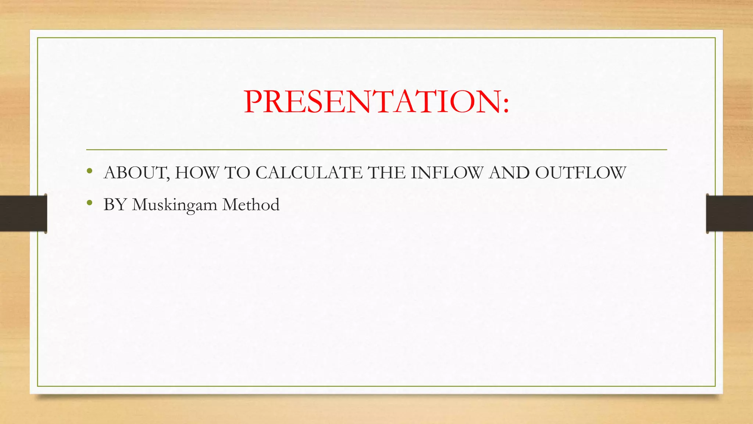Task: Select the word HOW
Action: pyautogui.click(x=197, y=173)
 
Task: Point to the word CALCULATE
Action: pyautogui.click(x=309, y=173)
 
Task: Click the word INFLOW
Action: pyautogui.click(x=447, y=173)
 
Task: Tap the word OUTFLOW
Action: pyautogui.click(x=581, y=173)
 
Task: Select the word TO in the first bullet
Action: pyautogui.click(x=237, y=173)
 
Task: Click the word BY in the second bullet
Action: pyautogui.click(x=115, y=205)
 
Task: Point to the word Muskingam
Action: pyautogui.click(x=175, y=205)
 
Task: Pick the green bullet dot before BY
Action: pyautogui.click(x=89, y=203)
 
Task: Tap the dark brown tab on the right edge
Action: pyautogui.click(x=729, y=213)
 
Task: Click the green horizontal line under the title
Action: pyautogui.click(x=376, y=150)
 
